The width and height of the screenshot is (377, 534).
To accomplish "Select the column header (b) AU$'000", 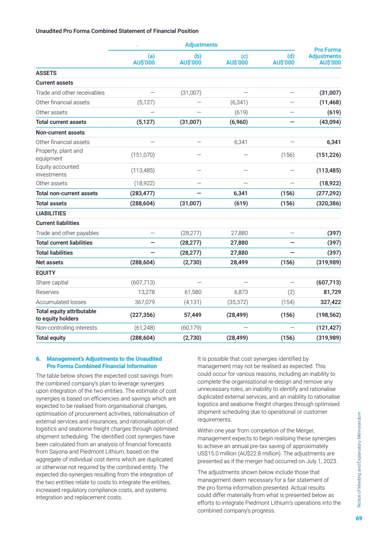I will (191, 59).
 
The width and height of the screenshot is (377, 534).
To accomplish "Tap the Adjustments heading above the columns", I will (201, 45).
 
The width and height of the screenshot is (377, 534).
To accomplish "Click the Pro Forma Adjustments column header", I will (324, 56).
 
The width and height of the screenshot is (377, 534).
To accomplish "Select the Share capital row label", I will (52, 283).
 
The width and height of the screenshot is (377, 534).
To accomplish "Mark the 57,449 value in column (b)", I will (192, 315).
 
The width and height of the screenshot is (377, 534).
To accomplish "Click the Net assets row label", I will (49, 262).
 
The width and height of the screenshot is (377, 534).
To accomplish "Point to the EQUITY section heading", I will (46, 273).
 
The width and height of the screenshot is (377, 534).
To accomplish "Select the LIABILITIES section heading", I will (51, 213).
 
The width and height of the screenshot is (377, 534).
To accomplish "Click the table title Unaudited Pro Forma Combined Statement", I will (117, 31).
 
